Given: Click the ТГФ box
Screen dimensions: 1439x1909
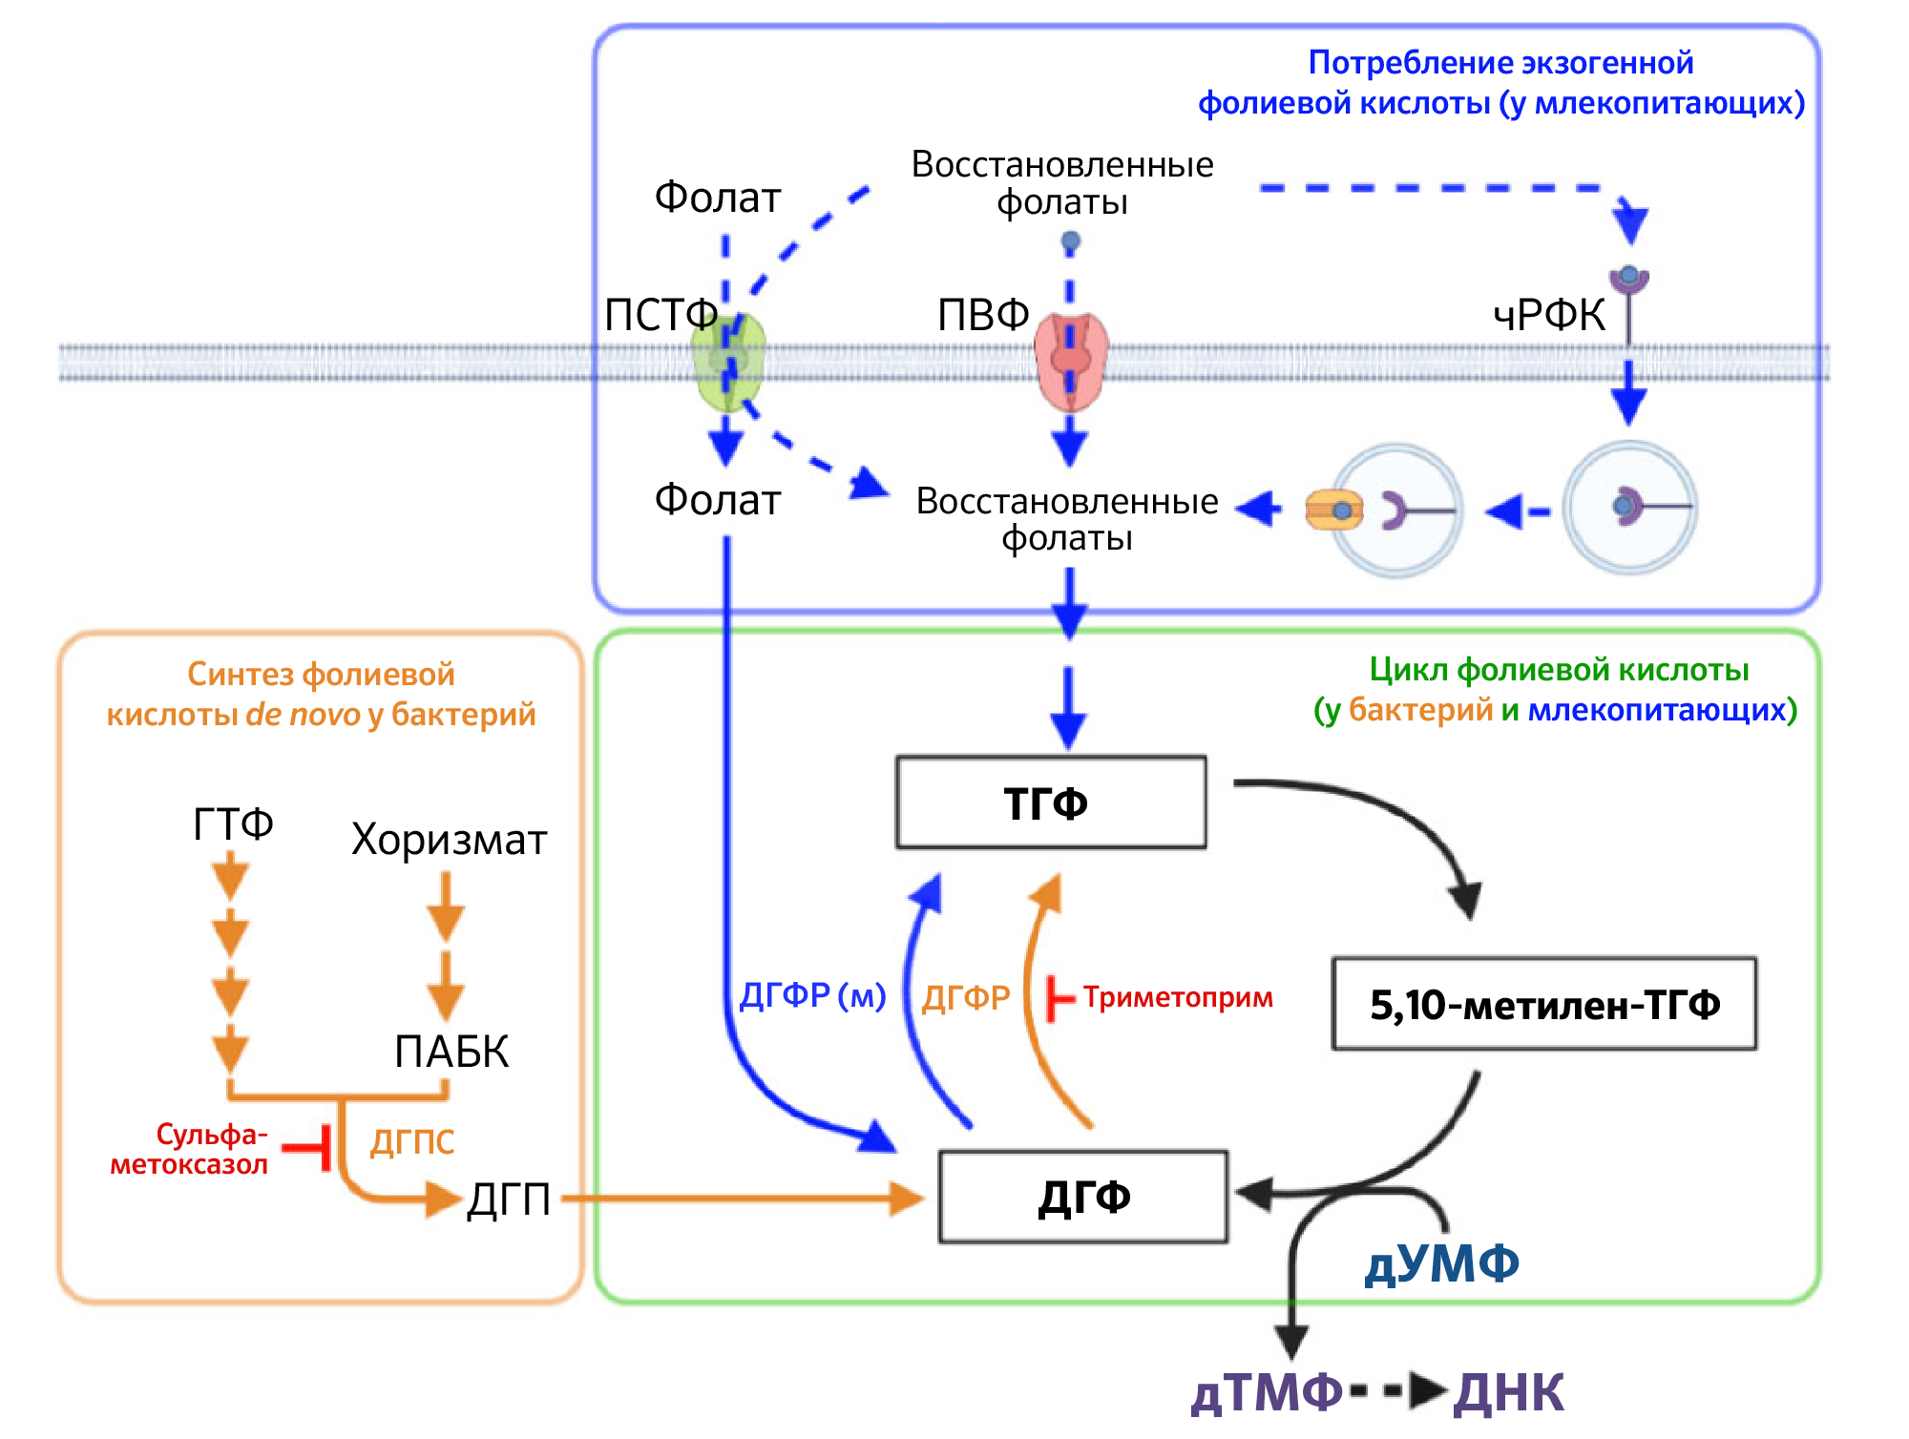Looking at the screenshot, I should (1050, 803).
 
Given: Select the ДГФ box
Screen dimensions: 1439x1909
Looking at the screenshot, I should (1083, 1197).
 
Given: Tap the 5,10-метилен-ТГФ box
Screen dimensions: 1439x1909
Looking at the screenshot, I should (1543, 1005).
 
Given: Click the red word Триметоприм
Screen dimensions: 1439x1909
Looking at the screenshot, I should (1178, 998).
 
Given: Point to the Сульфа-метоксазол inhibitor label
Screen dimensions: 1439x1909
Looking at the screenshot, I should (191, 1149).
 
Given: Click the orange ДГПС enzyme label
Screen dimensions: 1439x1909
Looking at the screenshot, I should (412, 1142).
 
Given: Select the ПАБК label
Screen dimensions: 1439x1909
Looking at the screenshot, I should (451, 1052).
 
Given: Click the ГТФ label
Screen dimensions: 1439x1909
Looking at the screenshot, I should (233, 824).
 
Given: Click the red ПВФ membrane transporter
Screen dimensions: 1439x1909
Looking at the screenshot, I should (1071, 361).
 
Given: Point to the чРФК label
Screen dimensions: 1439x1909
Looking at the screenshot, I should (1548, 316).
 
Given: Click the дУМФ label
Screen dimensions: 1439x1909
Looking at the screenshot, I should (1441, 1264).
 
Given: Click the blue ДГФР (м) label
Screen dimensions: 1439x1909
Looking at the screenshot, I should (812, 996).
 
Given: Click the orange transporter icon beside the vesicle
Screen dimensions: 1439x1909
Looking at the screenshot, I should (1333, 511).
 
